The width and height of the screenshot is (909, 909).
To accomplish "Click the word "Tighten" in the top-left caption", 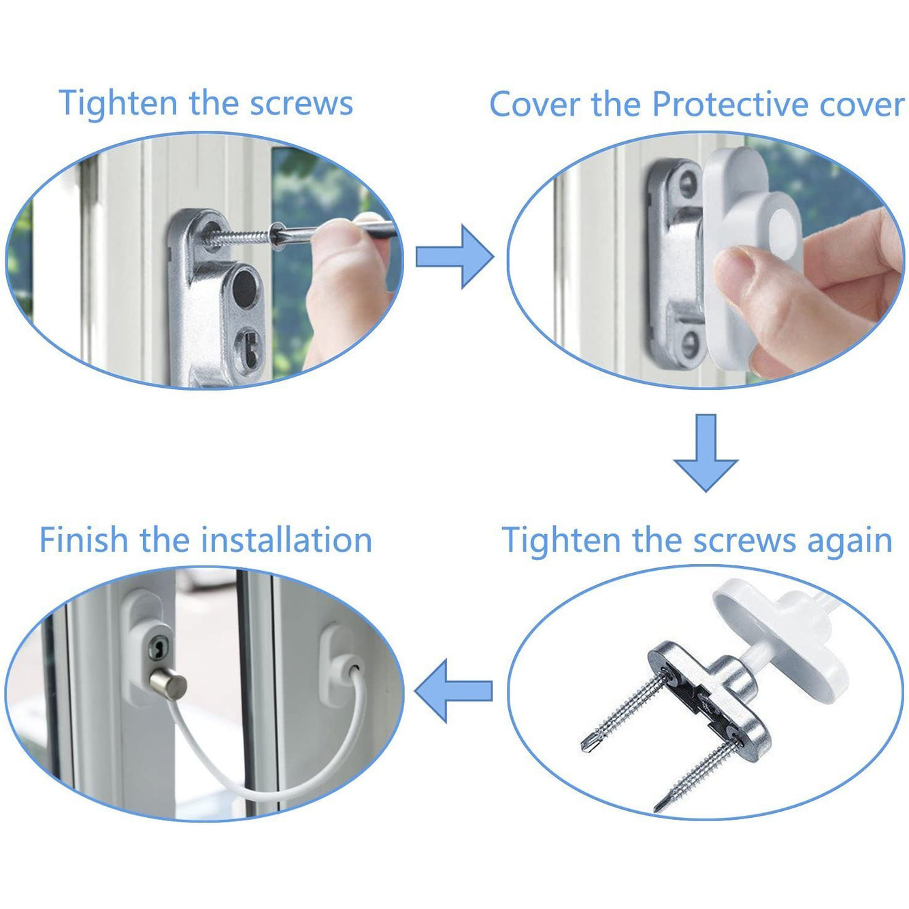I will [117, 103].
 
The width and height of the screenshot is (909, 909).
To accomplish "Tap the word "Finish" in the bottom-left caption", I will [84, 540].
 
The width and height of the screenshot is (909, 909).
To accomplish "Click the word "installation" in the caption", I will [286, 540].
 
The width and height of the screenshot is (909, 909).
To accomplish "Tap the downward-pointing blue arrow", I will [706, 452].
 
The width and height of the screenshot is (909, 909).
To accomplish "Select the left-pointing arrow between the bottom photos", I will [453, 691].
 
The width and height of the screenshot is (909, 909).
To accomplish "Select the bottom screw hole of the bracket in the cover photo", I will [689, 344].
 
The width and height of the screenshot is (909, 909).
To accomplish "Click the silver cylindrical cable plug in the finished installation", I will [168, 684].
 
